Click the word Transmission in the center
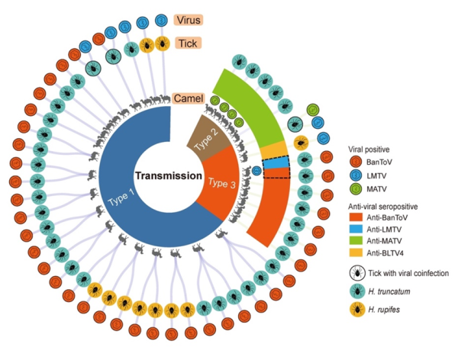(169, 175)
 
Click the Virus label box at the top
(189, 20)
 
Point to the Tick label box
(187, 43)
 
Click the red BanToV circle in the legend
(353, 162)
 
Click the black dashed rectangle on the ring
(276, 168)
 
